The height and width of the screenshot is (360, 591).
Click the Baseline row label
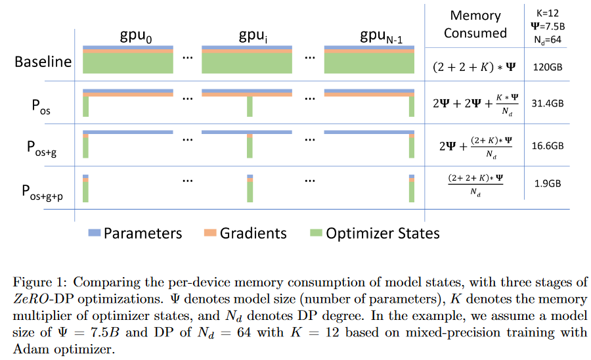pos(43,62)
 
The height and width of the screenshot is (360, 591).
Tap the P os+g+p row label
pos(42,192)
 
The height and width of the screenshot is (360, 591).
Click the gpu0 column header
pos(136,36)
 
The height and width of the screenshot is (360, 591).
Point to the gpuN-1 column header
pos(381,36)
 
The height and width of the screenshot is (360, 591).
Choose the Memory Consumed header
pos(475,24)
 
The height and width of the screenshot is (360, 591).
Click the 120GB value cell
pos(547,67)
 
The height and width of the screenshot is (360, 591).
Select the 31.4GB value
pos(547,103)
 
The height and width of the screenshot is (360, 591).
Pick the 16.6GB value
pos(547,145)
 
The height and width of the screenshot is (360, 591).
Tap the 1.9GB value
pos(547,183)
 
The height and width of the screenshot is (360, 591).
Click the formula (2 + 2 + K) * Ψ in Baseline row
pos(474,67)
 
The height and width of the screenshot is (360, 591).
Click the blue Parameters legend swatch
pos(94,233)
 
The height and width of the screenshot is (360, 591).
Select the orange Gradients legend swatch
pos(210,233)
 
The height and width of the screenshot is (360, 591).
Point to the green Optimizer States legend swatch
pos(316,233)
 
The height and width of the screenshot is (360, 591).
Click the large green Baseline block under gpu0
pos(128,63)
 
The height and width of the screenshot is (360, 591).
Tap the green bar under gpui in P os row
pos(250,106)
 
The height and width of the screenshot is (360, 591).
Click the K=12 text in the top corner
pos(547,13)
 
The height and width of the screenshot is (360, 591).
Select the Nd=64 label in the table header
pos(547,39)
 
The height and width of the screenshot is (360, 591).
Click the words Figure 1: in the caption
pos(39,282)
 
